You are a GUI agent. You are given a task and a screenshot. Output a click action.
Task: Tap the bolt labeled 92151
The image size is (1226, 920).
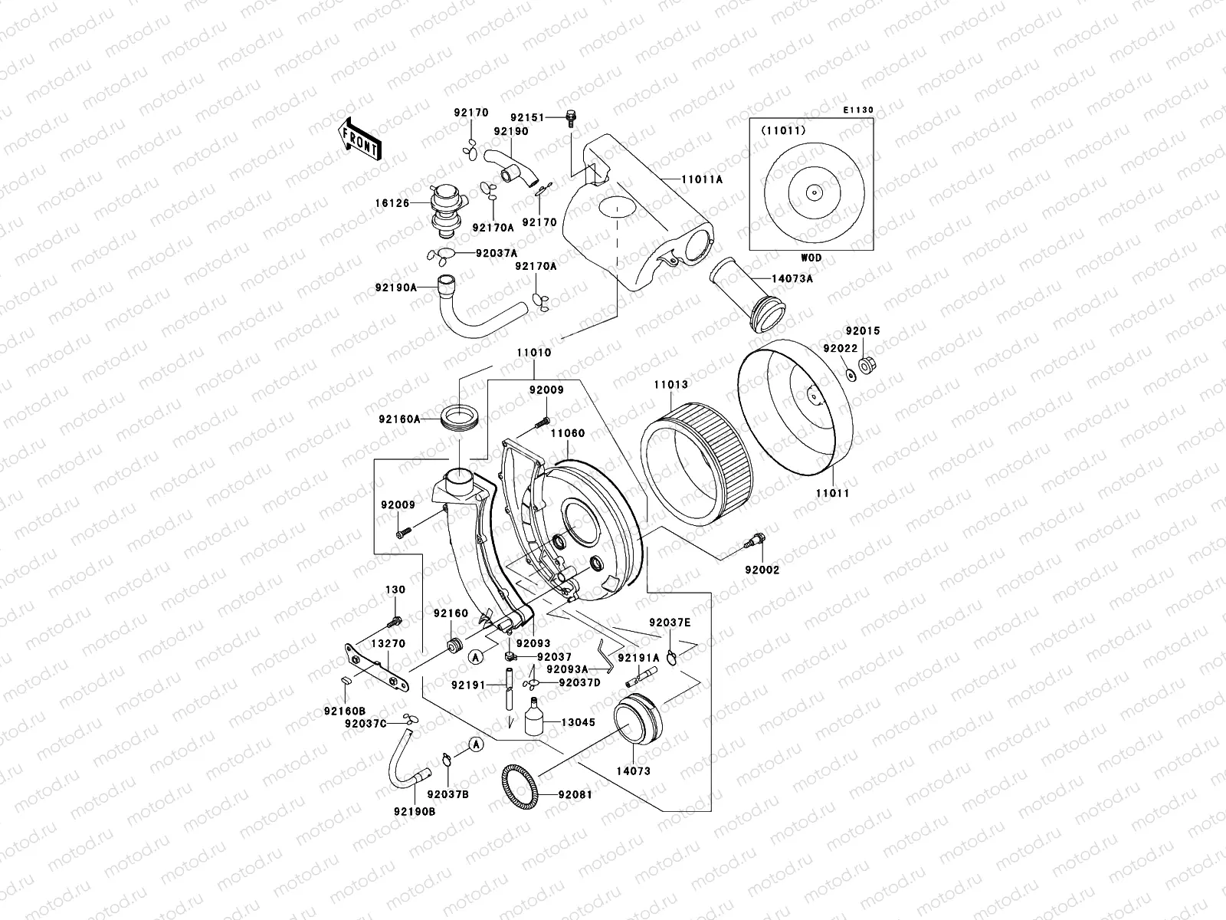pos(570,117)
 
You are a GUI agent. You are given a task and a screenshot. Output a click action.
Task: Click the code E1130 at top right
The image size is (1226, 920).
pos(858,110)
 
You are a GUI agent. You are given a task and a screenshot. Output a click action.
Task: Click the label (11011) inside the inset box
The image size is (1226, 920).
pos(783,130)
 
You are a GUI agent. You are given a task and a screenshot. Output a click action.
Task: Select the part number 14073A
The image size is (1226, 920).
pos(793,278)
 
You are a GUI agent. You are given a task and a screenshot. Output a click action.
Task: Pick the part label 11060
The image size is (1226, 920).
pos(568,433)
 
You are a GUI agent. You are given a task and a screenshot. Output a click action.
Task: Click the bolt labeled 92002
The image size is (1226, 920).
pos(752,540)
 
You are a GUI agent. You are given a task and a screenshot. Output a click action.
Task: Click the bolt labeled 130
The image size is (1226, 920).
pos(396,619)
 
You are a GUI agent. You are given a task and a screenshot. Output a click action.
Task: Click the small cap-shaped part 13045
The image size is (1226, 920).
pos(533,720)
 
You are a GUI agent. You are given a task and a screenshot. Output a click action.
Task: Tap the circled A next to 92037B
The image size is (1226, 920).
pos(475,744)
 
